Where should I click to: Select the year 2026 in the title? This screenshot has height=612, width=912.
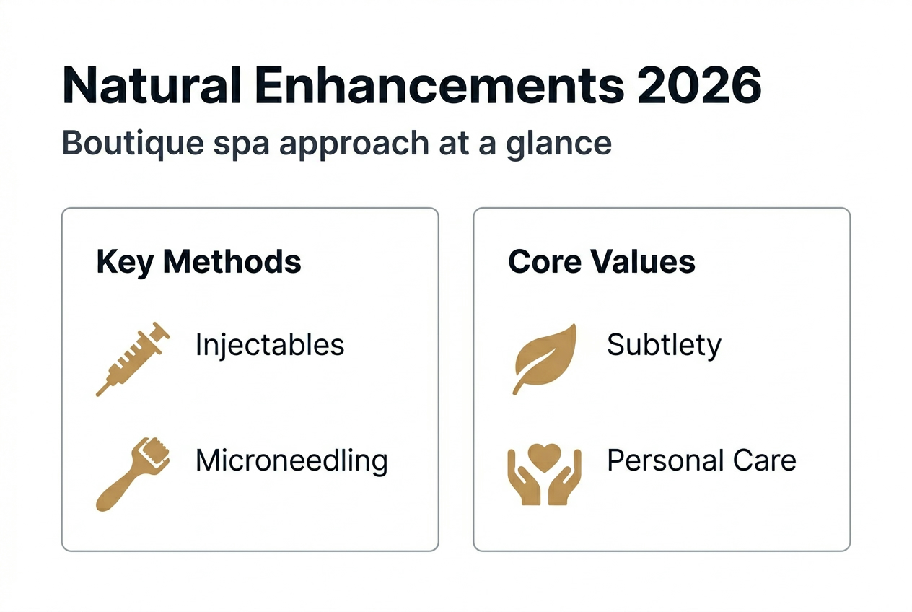tap(700, 86)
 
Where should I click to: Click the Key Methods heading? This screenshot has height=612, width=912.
tap(198, 262)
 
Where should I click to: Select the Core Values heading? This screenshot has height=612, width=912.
tap(602, 262)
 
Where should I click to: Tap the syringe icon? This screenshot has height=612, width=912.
tap(133, 359)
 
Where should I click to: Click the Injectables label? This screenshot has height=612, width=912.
tap(270, 345)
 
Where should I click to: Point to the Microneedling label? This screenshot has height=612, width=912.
tap(291, 460)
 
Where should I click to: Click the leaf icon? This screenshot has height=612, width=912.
tap(545, 359)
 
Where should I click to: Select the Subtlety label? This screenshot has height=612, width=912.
tap(664, 345)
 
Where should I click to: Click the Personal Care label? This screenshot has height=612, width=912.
tap(701, 460)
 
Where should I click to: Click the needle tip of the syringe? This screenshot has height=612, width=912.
tap(100, 393)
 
